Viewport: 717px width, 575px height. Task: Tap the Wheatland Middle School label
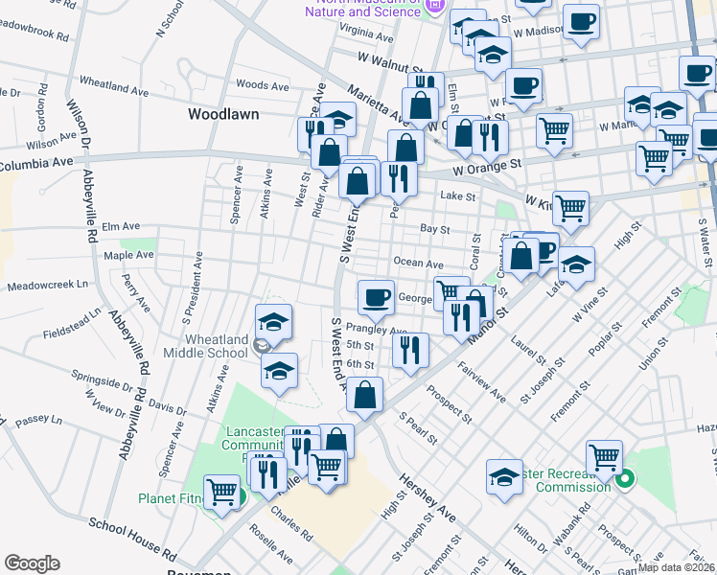[201, 345]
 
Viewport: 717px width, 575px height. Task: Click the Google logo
[32, 563]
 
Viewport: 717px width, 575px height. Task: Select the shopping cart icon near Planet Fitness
[222, 493]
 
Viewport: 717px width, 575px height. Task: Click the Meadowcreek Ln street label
[47, 286]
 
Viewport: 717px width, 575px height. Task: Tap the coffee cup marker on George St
[377, 296]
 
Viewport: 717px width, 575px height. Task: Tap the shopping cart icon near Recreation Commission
[604, 458]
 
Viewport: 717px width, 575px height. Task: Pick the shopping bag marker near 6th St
[365, 394]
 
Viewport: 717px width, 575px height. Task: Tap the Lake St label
[457, 195]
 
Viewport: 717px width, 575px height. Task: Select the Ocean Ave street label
[418, 264]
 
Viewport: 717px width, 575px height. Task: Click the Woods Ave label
[262, 85]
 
